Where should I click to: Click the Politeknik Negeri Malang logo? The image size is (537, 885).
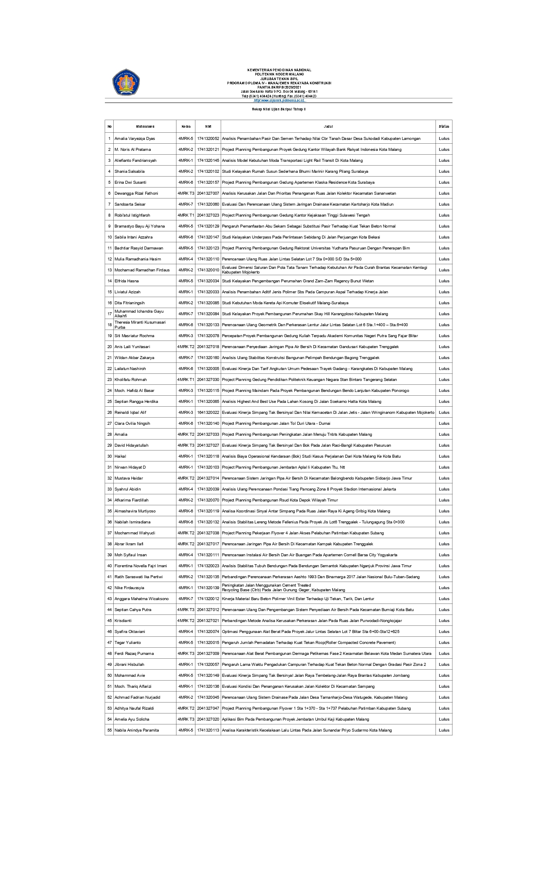[126, 82]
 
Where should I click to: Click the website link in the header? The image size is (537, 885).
[279, 100]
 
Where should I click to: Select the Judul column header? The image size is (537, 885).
[328, 126]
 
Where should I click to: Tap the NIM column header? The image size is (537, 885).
[208, 126]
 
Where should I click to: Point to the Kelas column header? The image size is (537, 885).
[186, 126]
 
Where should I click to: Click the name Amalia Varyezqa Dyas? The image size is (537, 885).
[135, 139]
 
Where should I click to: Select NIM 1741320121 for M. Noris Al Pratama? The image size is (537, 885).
[208, 150]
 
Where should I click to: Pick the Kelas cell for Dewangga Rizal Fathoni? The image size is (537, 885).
[186, 193]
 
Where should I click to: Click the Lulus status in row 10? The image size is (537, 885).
[444, 237]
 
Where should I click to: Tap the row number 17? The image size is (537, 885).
[110, 314]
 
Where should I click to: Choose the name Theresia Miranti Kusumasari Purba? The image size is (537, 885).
[140, 325]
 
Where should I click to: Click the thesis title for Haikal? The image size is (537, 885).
[312, 456]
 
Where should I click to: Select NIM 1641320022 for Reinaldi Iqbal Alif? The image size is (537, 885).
[208, 413]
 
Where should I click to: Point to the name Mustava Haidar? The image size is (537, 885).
[128, 478]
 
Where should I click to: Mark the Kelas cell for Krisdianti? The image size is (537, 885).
[186, 621]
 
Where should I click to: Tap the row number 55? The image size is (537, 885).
[110, 730]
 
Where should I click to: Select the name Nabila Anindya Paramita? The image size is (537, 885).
[136, 730]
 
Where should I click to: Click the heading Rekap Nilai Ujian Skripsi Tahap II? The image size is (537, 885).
[279, 109]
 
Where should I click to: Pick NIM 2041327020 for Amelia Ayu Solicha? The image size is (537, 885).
[208, 719]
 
